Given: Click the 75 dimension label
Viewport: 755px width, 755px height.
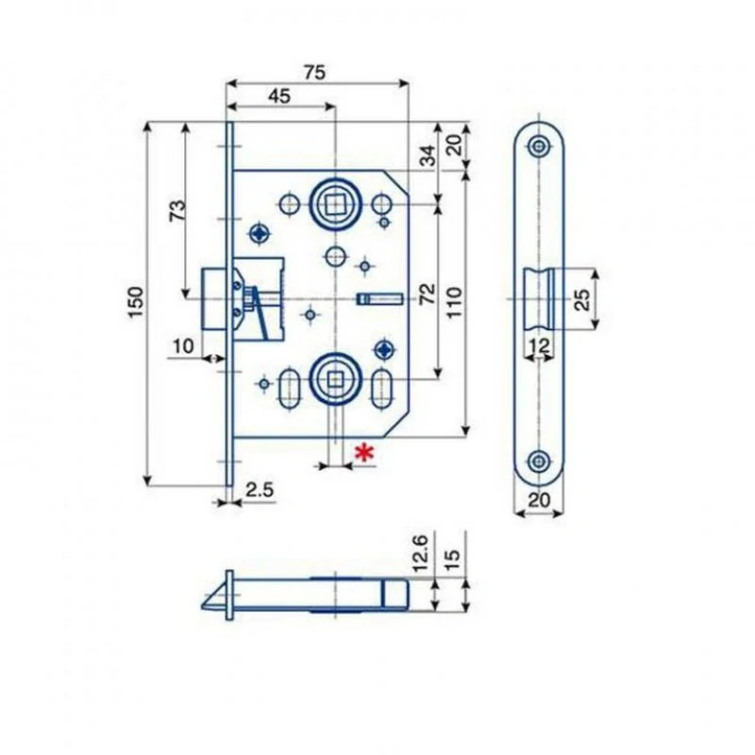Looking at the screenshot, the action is tap(315, 73).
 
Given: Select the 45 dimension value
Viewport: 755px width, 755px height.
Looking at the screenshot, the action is tap(279, 96).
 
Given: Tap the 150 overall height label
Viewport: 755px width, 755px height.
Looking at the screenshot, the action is tap(136, 302).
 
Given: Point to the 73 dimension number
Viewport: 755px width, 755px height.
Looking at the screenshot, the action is tap(177, 210).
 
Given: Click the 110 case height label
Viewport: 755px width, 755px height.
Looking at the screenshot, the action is tap(455, 302).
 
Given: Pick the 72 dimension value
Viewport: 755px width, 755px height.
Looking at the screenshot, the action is tap(428, 294).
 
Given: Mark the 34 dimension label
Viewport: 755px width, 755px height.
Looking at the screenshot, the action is tap(428, 155).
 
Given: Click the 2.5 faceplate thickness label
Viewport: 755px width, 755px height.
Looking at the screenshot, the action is tap(260, 490).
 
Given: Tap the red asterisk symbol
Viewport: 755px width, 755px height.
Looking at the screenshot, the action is tap(364, 453).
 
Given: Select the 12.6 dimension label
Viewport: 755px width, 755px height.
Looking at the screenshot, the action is tap(420, 552).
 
